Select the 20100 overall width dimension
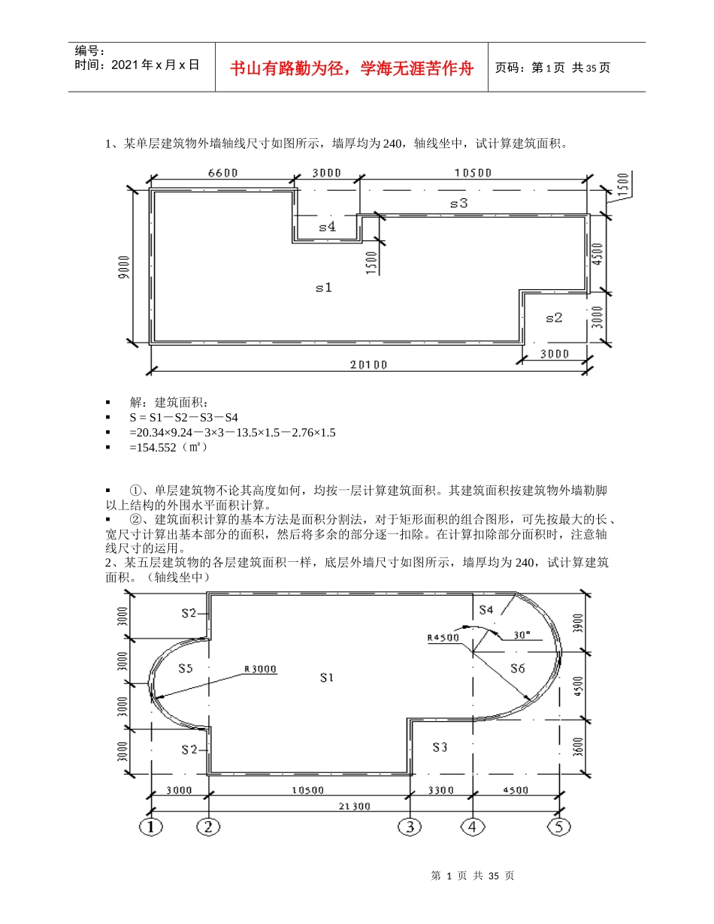pyautogui.click(x=369, y=365)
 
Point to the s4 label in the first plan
pyautogui.click(x=328, y=226)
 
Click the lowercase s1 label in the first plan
pyautogui.click(x=324, y=288)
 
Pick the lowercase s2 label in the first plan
pyautogui.click(x=554, y=318)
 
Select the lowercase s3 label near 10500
pyautogui.click(x=458, y=203)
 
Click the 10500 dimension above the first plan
pyautogui.click(x=473, y=173)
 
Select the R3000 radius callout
pyautogui.click(x=259, y=668)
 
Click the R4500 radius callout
pyautogui.click(x=443, y=638)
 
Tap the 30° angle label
pyautogui.click(x=522, y=634)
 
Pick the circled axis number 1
pyautogui.click(x=152, y=826)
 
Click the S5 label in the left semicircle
pyautogui.click(x=187, y=667)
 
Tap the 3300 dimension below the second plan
pyautogui.click(x=441, y=790)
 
